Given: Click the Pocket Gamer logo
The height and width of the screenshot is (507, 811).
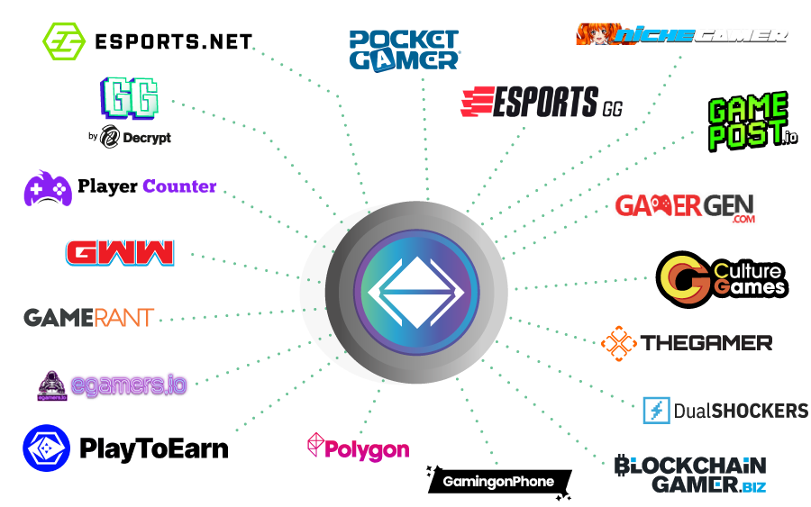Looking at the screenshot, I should point(405,50).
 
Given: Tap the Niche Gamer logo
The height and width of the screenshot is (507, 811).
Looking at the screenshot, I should point(682,34).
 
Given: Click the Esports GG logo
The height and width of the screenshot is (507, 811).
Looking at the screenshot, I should point(541,103).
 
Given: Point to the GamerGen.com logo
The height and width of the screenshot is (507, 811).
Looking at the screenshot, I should point(684,206).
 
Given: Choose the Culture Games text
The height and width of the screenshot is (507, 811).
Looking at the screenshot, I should point(748,279).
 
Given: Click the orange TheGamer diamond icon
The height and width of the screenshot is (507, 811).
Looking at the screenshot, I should point(619,342).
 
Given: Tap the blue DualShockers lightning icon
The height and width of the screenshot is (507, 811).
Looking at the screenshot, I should point(656,411).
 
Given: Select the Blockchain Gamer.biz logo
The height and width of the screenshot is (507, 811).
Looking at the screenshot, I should point(690,475).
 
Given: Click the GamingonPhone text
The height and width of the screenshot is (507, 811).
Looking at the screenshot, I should point(497,482).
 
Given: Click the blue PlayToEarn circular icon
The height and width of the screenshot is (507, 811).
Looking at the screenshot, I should point(47,448).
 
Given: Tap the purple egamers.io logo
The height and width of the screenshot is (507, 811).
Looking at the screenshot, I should point(113,385).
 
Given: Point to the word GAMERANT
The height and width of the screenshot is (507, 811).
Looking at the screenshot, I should point(88,318).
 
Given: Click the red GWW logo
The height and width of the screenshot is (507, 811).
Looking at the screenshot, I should point(120,252).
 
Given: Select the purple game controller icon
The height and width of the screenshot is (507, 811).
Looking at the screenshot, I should point(48,188).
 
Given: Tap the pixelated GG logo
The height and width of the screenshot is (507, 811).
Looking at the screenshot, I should point(131,97).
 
